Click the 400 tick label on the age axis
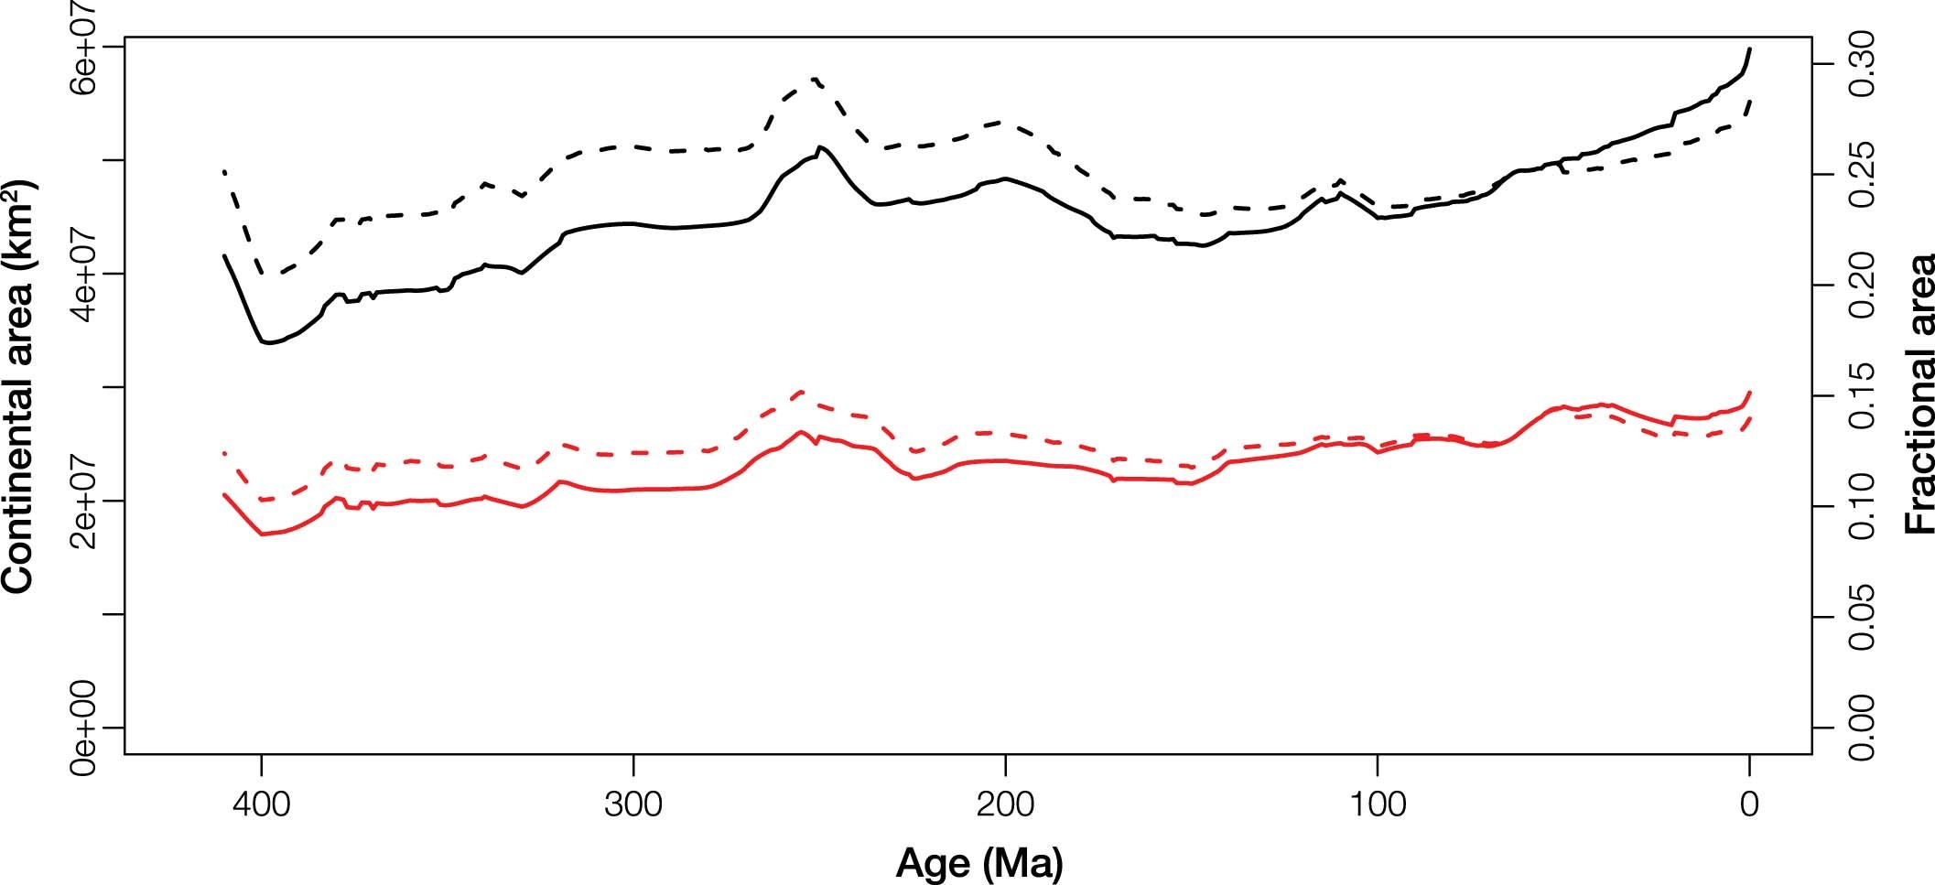[262, 806]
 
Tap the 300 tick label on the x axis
[633, 806]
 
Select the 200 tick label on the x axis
[1005, 806]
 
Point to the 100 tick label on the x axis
[1378, 806]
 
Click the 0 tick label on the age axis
[1749, 806]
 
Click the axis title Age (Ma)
[979, 862]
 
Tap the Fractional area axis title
[1919, 394]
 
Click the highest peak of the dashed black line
[814, 80]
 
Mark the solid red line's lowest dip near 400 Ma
[265, 534]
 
